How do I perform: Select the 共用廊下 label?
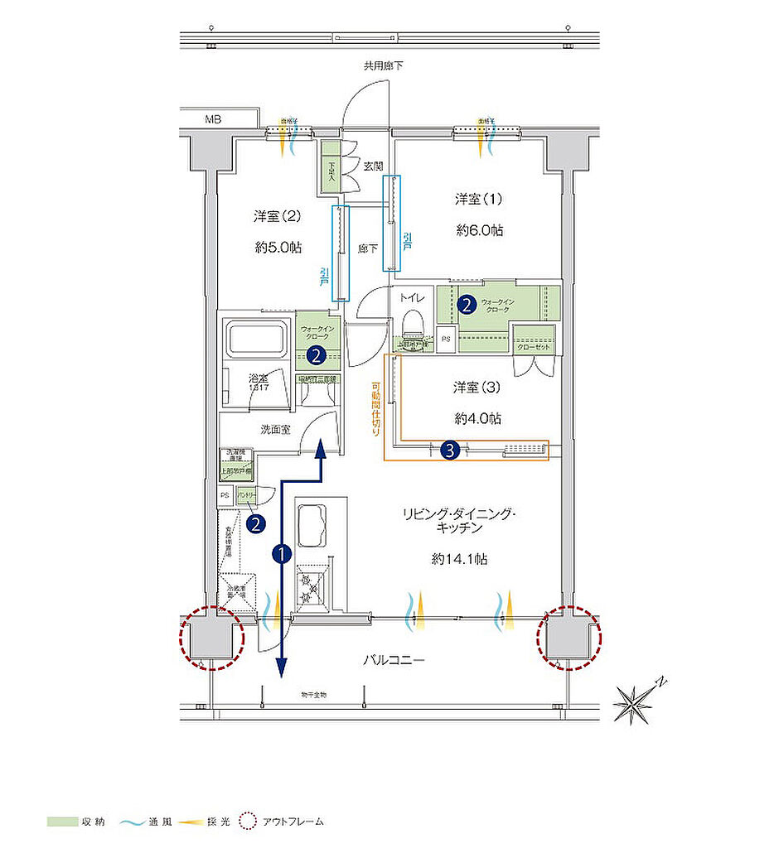(383, 65)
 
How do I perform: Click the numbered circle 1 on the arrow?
(282, 554)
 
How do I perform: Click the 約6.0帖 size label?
(479, 230)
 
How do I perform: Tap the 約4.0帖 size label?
(477, 418)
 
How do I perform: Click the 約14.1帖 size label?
(459, 559)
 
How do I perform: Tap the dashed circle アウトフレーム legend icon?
(247, 822)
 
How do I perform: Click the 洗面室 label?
(275, 430)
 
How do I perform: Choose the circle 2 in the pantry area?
(257, 523)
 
